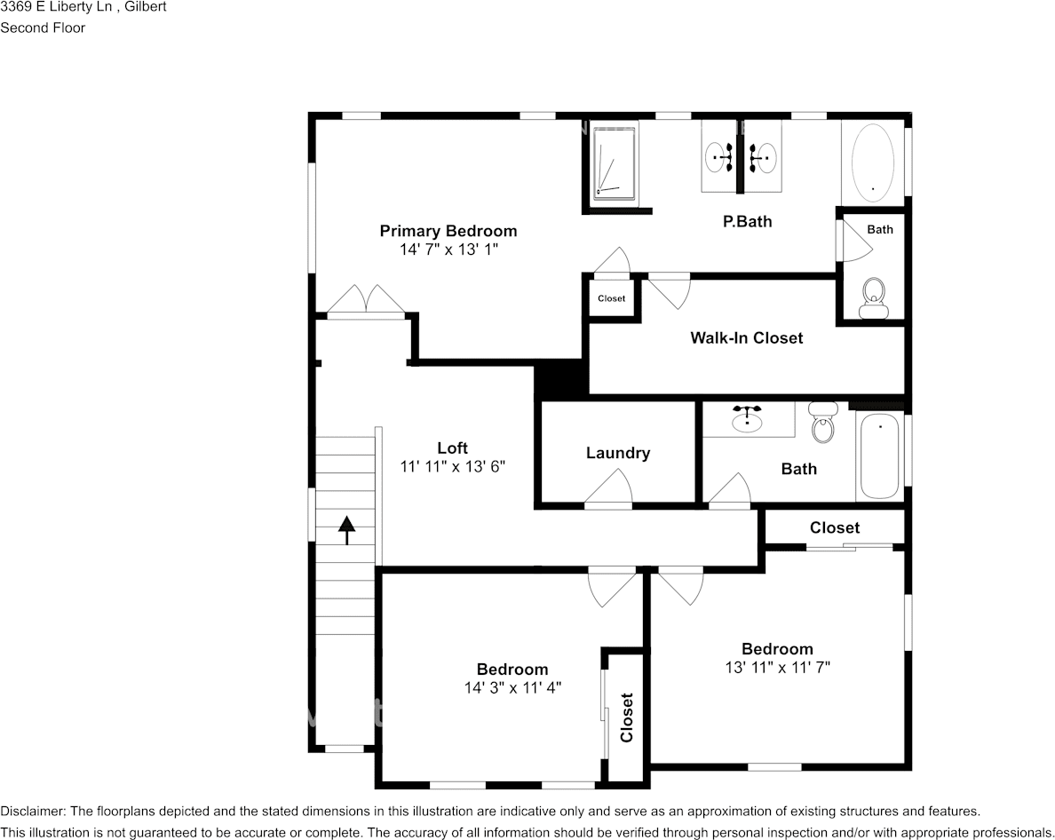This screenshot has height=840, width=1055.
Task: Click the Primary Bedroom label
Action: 448,231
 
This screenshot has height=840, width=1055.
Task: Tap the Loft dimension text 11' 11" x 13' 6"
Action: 452,466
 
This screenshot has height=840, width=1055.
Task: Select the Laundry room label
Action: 618,453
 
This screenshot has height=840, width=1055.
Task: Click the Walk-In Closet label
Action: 746,337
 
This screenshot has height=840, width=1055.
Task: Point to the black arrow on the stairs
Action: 346,529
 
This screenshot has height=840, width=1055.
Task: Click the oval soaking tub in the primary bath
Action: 872,160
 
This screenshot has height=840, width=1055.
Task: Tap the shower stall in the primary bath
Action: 615,160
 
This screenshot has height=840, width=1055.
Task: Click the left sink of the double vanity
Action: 719,159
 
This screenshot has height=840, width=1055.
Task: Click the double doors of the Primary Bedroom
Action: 366,300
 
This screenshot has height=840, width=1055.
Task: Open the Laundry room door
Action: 609,488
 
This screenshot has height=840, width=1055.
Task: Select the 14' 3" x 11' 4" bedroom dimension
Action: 512,687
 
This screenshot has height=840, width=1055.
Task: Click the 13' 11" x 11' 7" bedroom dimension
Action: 777,667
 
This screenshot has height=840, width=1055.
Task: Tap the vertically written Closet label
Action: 627,717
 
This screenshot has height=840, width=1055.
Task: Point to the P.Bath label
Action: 747,221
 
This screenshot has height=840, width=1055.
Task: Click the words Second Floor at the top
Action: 43,28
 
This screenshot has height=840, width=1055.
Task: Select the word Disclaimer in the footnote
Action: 32,811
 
